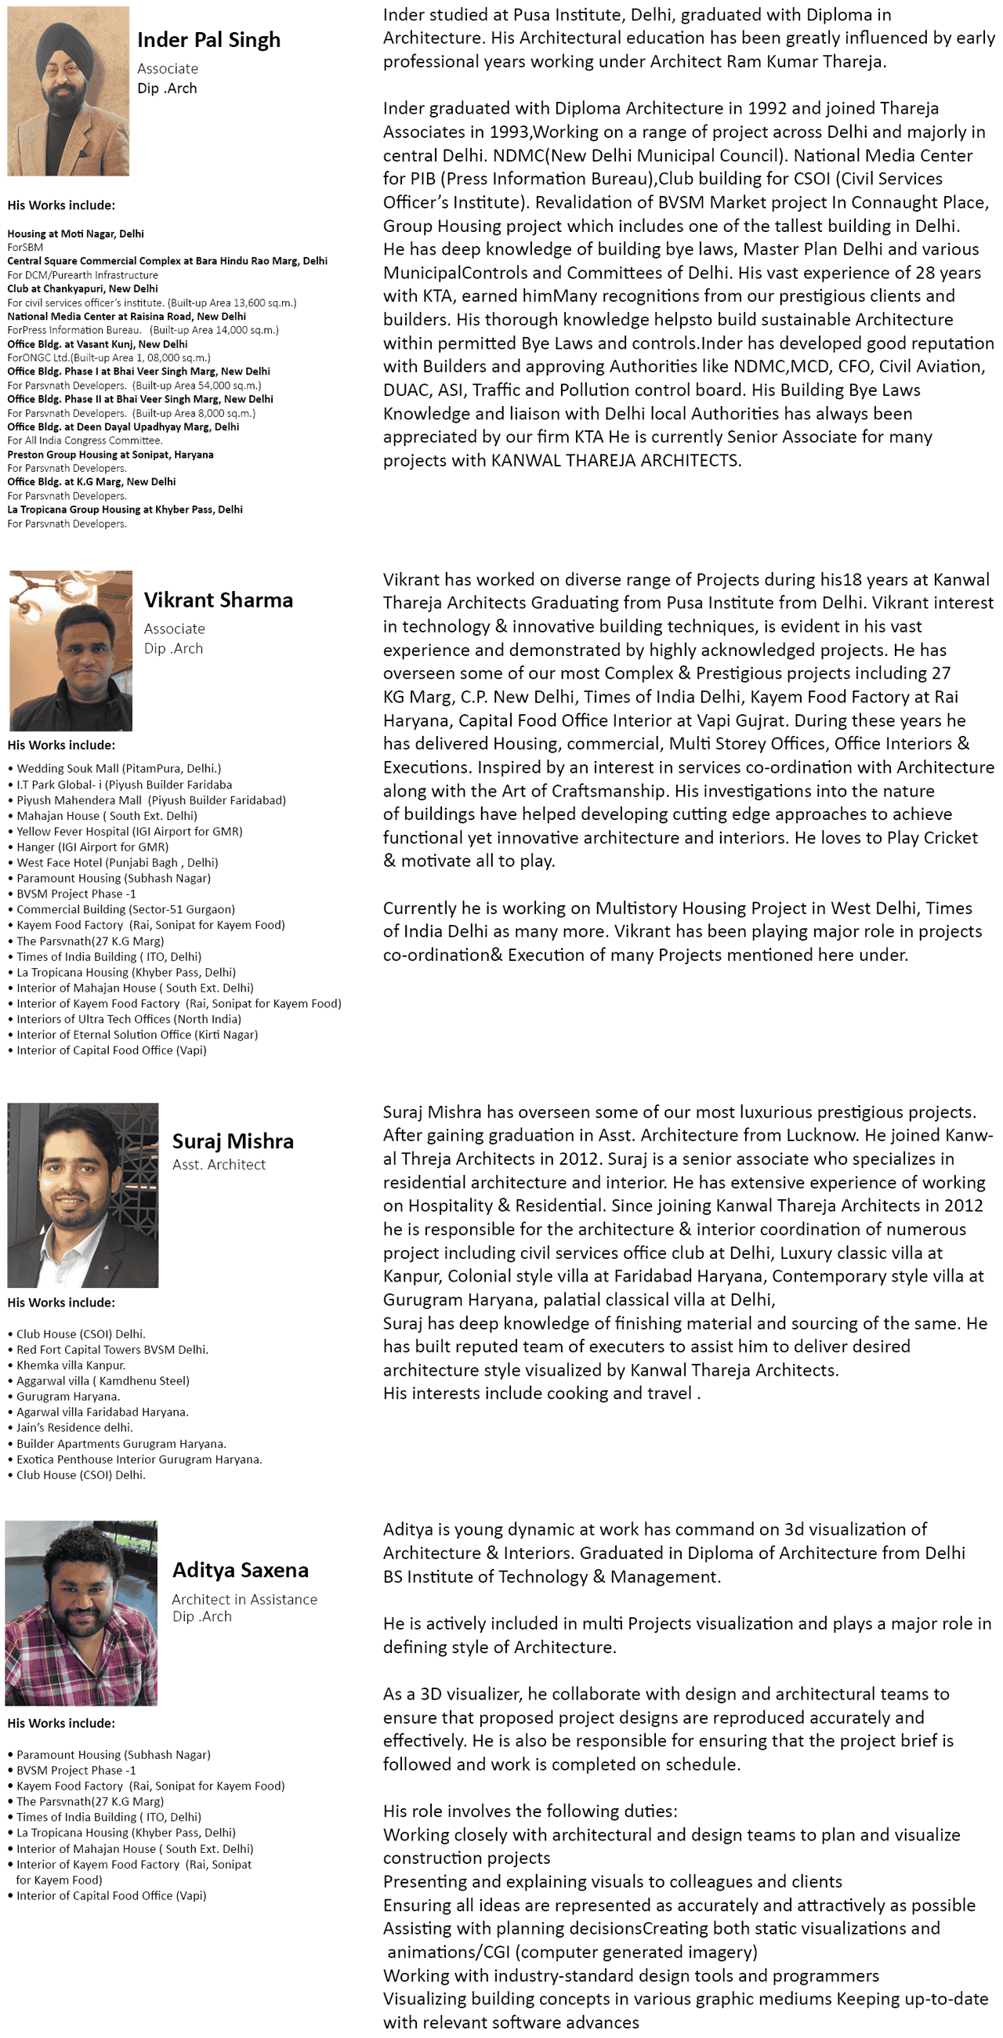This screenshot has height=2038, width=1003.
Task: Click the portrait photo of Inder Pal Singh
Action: click(x=68, y=91)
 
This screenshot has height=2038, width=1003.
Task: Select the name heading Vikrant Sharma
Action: click(x=218, y=600)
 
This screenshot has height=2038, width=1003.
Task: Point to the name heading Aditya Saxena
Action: click(x=241, y=1569)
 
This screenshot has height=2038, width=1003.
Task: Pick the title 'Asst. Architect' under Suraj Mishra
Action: click(x=219, y=1165)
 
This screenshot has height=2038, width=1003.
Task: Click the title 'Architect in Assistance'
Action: click(x=244, y=1599)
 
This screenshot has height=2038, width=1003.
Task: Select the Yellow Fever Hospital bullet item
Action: click(x=129, y=832)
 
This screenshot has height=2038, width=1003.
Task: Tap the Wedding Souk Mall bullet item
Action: click(x=118, y=768)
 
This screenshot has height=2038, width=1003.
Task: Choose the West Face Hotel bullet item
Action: click(x=117, y=862)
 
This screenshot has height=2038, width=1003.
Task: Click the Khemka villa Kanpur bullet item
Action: click(x=71, y=1365)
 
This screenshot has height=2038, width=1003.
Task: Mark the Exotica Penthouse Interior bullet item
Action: click(x=139, y=1459)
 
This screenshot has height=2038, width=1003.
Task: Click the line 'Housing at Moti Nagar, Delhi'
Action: click(x=75, y=234)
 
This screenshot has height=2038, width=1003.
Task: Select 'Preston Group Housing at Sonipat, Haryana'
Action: click(x=110, y=455)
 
